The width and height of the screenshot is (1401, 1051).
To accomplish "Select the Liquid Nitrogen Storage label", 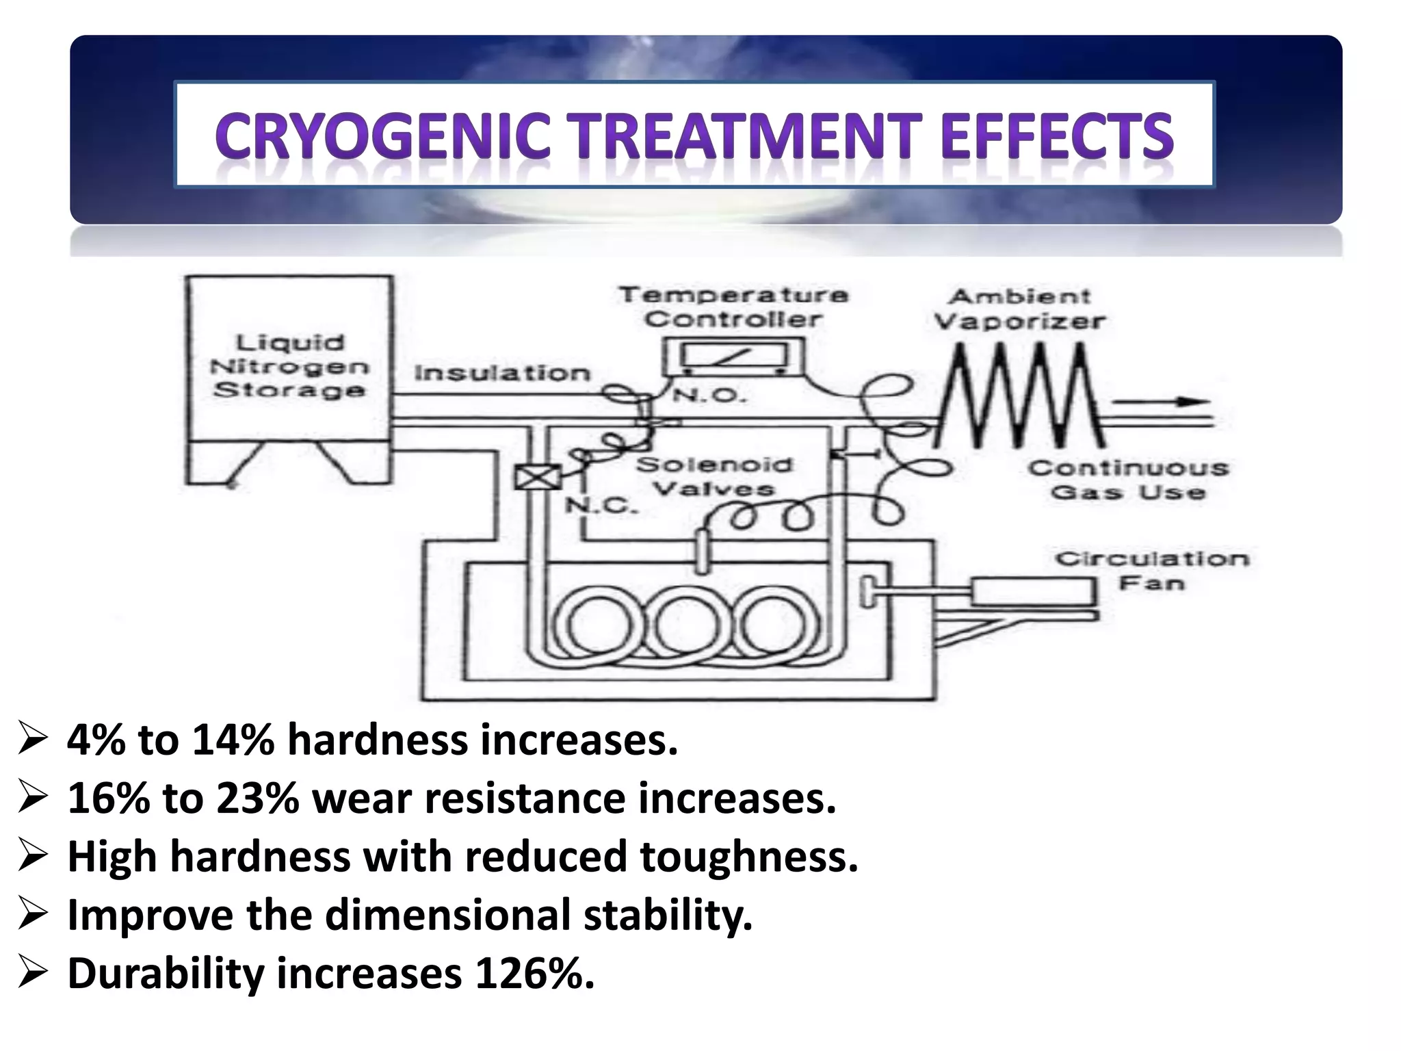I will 289,366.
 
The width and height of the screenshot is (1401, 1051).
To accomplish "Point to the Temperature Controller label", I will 733,307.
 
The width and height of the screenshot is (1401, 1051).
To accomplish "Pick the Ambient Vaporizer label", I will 1019,309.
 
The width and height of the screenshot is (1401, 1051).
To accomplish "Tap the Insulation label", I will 502,373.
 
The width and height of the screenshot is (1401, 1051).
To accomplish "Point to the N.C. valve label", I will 601,505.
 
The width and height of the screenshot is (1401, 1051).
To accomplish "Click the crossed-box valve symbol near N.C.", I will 537,476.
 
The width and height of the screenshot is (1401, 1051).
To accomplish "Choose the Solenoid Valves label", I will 714,476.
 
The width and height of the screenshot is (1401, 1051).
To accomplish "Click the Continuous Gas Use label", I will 1128,480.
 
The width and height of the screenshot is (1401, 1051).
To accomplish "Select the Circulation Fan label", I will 1152,571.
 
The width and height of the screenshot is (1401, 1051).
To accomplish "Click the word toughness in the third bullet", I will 748,856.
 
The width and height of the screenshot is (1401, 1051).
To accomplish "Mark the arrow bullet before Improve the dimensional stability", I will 33,915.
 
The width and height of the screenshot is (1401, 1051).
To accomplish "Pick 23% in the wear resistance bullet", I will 257,798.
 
